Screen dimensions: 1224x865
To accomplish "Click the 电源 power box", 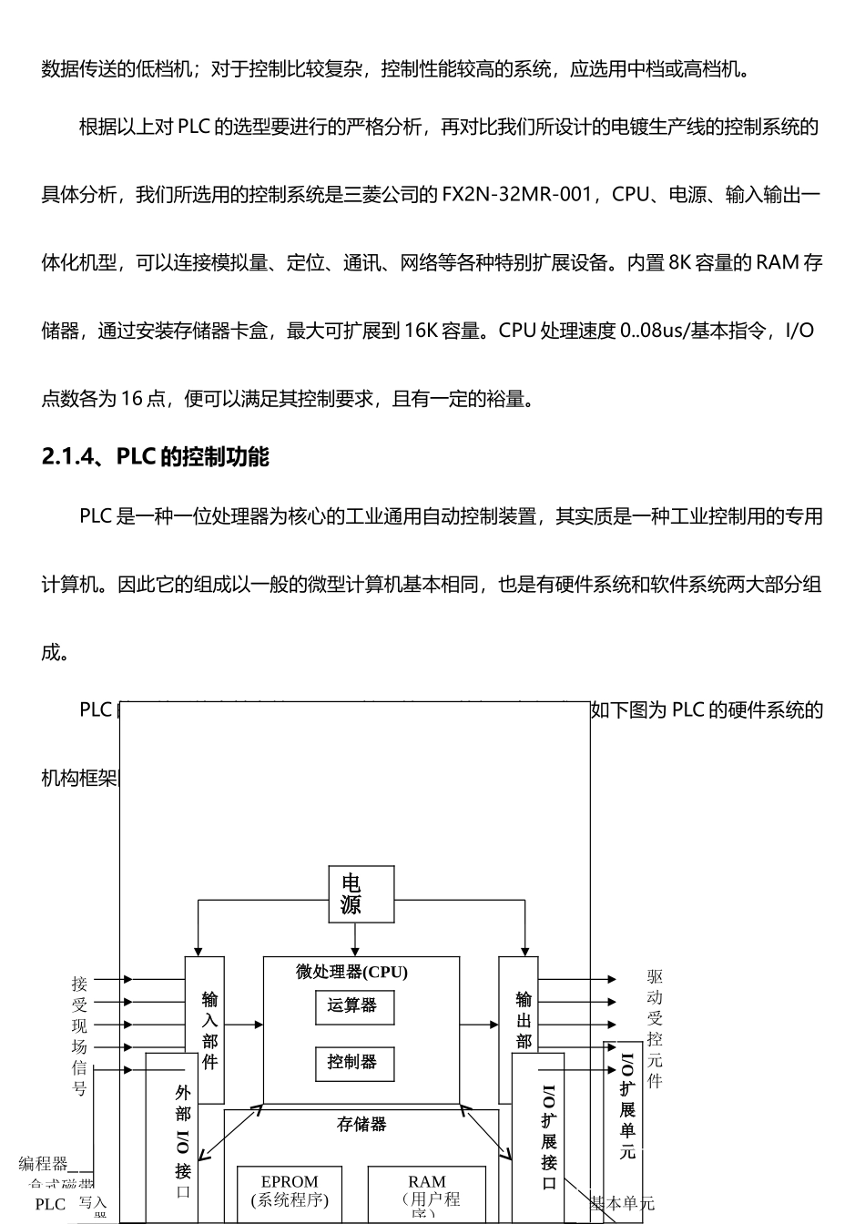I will tap(361, 894).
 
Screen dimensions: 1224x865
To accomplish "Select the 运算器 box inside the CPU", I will tap(354, 1006).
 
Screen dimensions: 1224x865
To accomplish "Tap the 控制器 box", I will tap(354, 1062).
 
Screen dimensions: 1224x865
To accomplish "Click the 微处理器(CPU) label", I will tap(351, 973).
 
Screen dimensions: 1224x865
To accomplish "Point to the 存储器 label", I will tap(361, 1125).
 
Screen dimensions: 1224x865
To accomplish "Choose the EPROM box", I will tap(290, 1193).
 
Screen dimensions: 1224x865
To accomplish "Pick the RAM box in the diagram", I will tap(427, 1193).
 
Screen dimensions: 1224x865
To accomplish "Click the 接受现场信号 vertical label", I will tap(80, 1035).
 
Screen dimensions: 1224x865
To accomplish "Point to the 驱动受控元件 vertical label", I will tap(655, 1028).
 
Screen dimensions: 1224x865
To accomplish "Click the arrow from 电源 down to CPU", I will tap(355, 939).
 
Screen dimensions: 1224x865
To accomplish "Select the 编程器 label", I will tap(44, 1163).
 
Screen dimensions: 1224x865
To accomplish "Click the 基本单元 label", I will tap(623, 1203).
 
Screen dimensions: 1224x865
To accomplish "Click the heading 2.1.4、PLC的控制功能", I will tap(156, 456).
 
